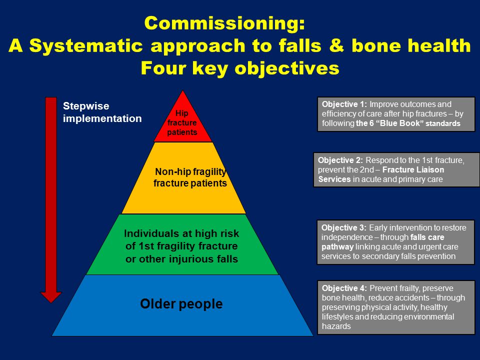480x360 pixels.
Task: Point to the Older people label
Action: [x=181, y=304]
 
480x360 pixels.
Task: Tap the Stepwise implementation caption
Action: [x=102, y=112]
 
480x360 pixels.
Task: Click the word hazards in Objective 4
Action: [x=336, y=326]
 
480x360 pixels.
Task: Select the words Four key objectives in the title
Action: [x=240, y=68]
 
